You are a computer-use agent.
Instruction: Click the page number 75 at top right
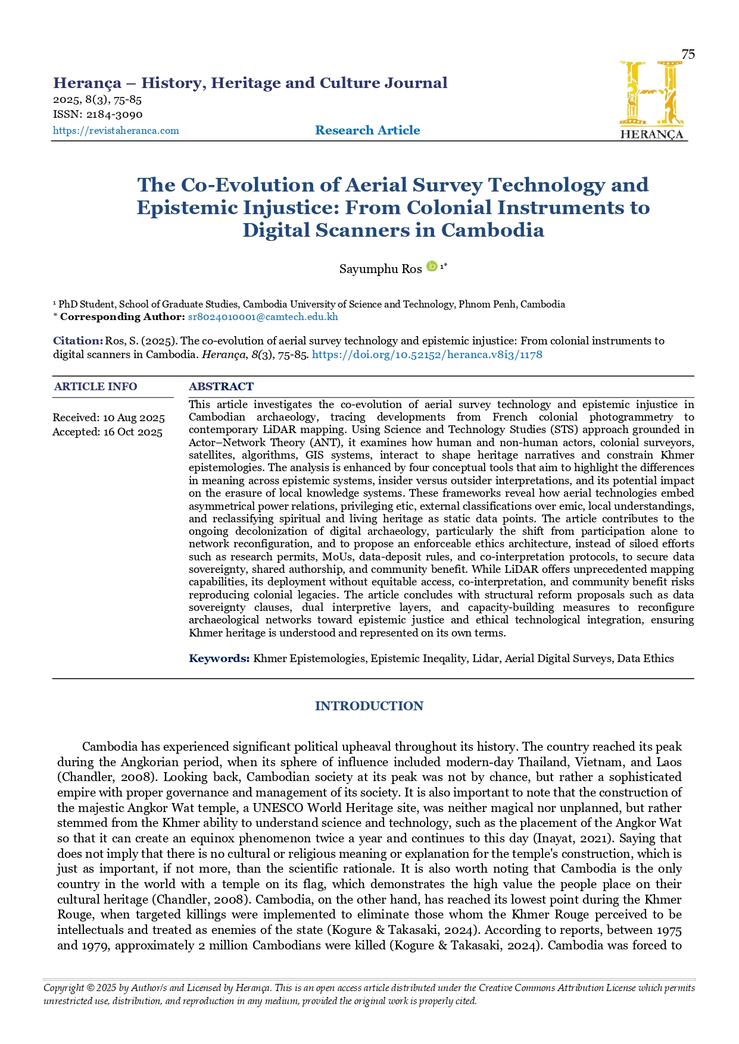click(688, 55)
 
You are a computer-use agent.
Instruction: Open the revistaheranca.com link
click(116, 131)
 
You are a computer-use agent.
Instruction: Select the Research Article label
click(367, 130)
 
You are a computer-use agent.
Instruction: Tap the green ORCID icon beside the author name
click(432, 267)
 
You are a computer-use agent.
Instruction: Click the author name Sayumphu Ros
click(381, 269)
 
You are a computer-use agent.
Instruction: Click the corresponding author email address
click(263, 317)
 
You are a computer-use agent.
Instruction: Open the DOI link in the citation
click(427, 355)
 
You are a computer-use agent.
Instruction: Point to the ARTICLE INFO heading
click(96, 387)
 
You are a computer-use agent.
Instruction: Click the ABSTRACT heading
click(221, 387)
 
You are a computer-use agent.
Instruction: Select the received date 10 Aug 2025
click(134, 418)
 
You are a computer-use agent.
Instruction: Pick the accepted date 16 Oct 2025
click(133, 432)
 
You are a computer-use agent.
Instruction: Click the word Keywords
click(219, 659)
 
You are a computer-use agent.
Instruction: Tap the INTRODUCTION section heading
click(369, 706)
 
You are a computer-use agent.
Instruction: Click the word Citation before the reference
click(77, 341)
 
